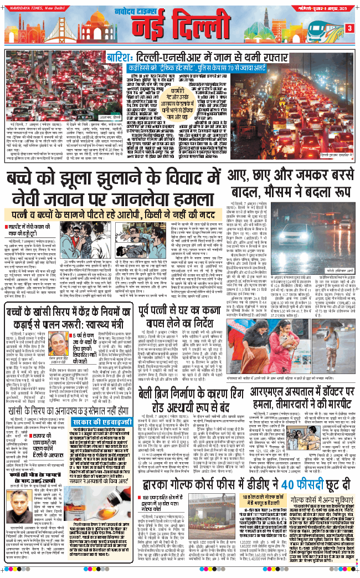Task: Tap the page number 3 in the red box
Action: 349,28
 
